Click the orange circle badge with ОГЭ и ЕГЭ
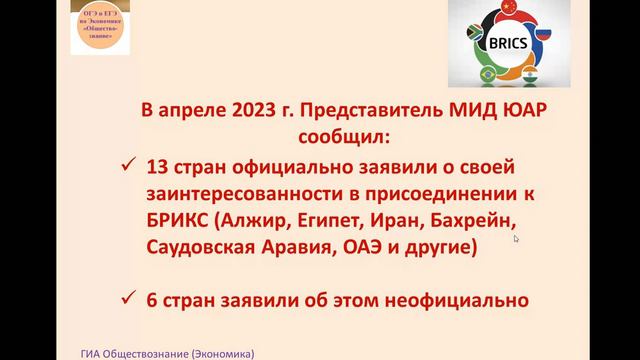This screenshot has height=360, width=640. pyautogui.click(x=101, y=27)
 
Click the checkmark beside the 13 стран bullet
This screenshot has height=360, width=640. pyautogui.click(x=126, y=166)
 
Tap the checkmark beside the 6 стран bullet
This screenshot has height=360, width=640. pyautogui.click(x=126, y=297)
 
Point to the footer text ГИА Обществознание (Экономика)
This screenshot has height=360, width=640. pyautogui.click(x=168, y=352)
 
